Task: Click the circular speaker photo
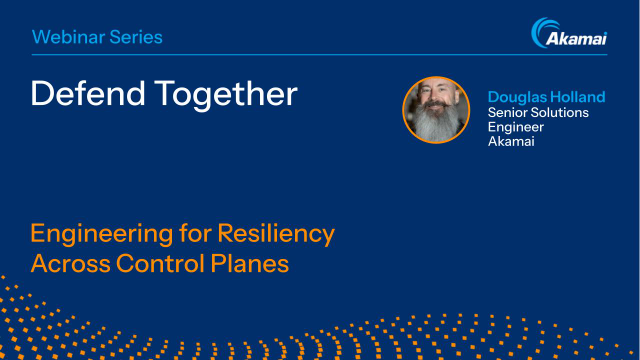click(436, 109)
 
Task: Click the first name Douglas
click(517, 97)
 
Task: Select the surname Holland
click(578, 97)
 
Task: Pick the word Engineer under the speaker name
click(515, 127)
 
